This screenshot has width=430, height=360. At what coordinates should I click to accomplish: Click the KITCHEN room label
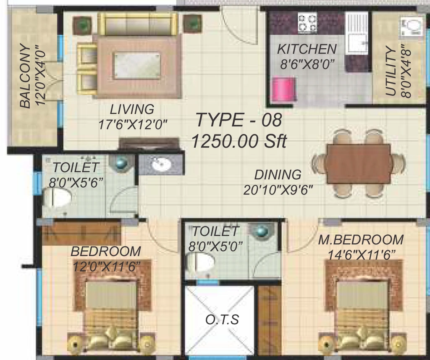[307, 49]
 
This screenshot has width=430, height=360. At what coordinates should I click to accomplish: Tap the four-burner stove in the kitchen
[307, 23]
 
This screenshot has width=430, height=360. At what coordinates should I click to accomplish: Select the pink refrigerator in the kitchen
[283, 89]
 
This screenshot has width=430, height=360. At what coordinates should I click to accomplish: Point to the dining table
[359, 164]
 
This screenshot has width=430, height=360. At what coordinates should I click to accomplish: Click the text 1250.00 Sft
[239, 141]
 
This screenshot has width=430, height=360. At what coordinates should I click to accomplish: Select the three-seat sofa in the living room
[138, 24]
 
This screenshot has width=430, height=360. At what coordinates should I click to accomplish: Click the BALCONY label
[25, 76]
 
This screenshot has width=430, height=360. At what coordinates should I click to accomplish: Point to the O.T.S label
[222, 320]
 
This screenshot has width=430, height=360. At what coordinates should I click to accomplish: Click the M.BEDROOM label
[361, 240]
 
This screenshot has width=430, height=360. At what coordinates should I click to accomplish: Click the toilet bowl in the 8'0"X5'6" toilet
[57, 197]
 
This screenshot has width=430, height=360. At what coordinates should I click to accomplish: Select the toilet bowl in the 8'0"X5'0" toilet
[200, 262]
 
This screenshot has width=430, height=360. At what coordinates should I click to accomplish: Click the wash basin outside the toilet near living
[162, 164]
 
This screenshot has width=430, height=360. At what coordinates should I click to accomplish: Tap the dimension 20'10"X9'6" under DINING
[278, 190]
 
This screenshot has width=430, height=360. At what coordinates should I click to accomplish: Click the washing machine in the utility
[412, 27]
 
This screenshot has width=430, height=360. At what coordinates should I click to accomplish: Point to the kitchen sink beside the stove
[357, 33]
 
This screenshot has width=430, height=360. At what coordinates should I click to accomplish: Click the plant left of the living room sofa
[82, 26]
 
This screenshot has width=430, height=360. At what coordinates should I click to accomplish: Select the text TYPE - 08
[239, 120]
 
